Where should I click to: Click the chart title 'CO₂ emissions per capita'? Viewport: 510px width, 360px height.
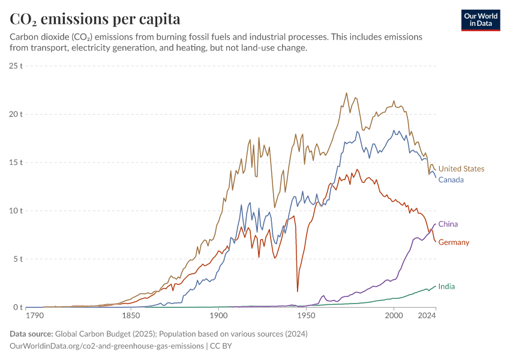click(95, 19)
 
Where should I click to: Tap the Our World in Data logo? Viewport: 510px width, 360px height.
click(480, 20)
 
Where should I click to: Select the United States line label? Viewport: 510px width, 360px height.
click(461, 169)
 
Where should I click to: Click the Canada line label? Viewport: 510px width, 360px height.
click(451, 179)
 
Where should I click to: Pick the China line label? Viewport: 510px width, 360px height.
click(448, 224)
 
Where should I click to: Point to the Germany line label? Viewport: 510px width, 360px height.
click(454, 242)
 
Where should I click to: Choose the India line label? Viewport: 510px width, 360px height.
click(446, 286)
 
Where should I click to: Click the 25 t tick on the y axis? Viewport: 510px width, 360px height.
click(16, 65)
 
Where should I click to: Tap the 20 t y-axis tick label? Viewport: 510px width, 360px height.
click(16, 114)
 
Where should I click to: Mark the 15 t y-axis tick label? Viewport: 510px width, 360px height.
click(16, 162)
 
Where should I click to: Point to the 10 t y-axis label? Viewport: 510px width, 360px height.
click(16, 211)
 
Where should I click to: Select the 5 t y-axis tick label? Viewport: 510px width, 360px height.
click(18, 259)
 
